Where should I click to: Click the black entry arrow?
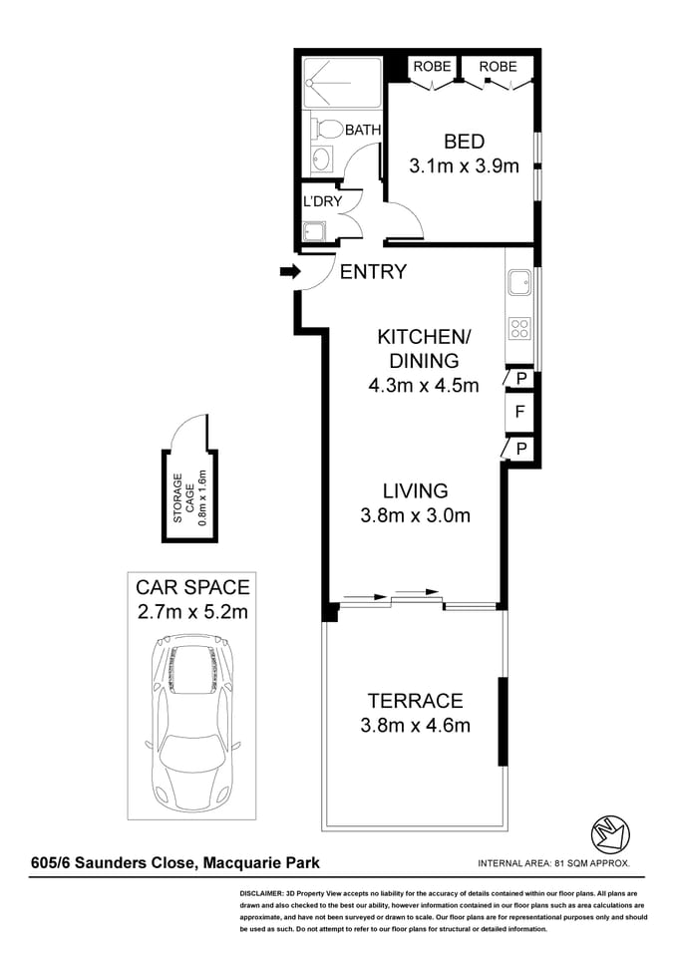(x=290, y=271)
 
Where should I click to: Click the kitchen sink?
(x=518, y=284)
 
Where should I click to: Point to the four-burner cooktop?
(x=518, y=328)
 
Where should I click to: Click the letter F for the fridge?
(x=519, y=411)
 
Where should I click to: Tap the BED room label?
(x=464, y=142)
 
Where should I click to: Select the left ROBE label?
(x=432, y=67)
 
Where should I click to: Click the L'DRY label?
(x=322, y=201)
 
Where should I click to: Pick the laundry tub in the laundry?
(x=313, y=232)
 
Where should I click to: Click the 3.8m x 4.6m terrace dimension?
(x=415, y=726)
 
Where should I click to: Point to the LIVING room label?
(x=415, y=490)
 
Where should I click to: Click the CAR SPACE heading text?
(x=192, y=586)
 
